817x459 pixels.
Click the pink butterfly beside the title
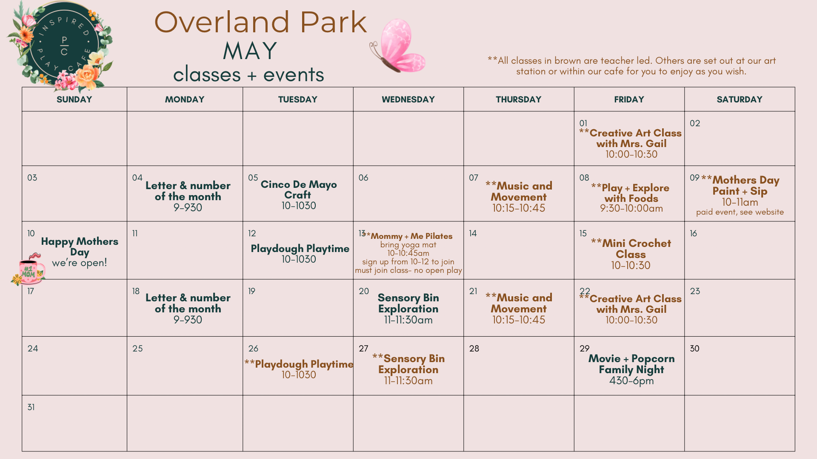pos(397,46)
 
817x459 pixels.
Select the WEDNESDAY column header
pos(408,99)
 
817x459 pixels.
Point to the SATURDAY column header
pos(740,99)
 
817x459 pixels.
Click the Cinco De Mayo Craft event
pos(299,195)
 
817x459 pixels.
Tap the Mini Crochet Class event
pos(631,254)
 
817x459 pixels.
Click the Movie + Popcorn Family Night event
pos(631,369)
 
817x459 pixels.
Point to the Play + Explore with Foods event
pos(631,198)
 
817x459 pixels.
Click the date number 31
pos(31,407)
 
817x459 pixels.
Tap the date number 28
pos(474,348)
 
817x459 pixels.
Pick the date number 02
pos(695,123)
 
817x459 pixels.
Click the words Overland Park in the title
pos(260,22)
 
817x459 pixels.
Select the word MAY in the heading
pos(250,51)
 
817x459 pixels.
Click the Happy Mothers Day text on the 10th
pos(80,246)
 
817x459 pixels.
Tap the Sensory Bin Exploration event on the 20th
pos(408,309)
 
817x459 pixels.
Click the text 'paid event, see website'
pos(740,212)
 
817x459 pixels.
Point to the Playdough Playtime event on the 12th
pos(300,254)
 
